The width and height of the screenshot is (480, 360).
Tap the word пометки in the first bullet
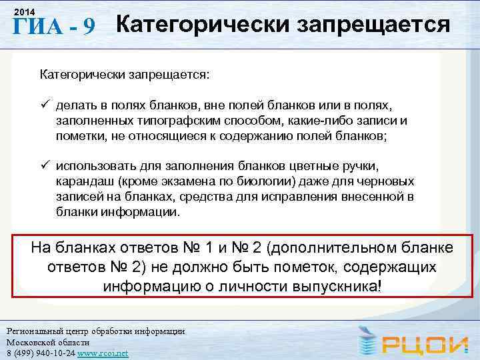point(77,136)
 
